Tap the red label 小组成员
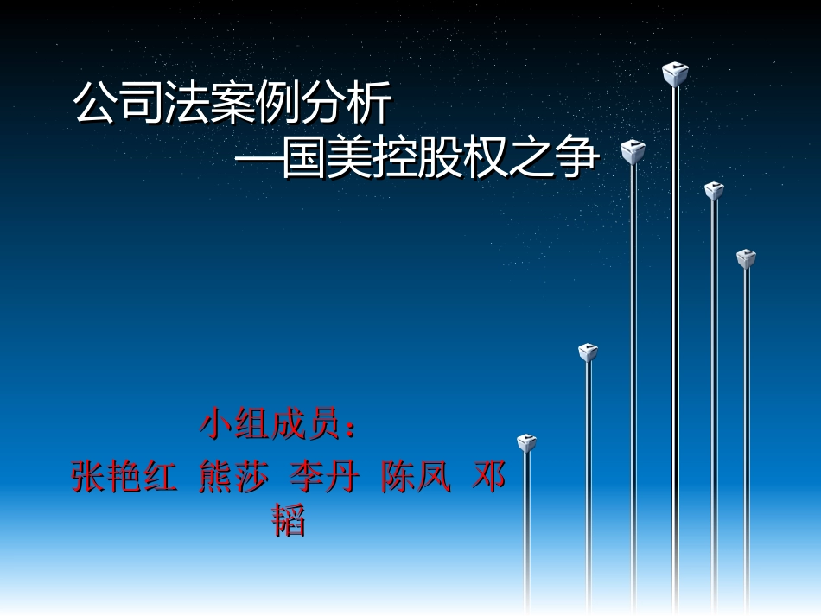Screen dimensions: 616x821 (x=270, y=425)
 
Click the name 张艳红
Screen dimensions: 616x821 (x=124, y=478)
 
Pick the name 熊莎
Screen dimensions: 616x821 (x=233, y=478)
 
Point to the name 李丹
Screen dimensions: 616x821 (x=324, y=478)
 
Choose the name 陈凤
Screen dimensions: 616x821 (x=416, y=478)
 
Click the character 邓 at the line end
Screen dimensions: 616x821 (x=489, y=478)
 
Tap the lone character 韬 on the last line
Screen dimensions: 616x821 (x=290, y=522)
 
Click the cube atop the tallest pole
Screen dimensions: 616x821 (x=675, y=74)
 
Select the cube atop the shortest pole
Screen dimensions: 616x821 (x=526, y=443)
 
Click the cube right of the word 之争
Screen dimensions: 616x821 (x=633, y=152)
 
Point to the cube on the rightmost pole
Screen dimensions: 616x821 (x=746, y=258)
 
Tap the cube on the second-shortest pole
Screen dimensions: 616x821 (x=589, y=352)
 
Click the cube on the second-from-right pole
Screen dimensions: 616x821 (x=713, y=191)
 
